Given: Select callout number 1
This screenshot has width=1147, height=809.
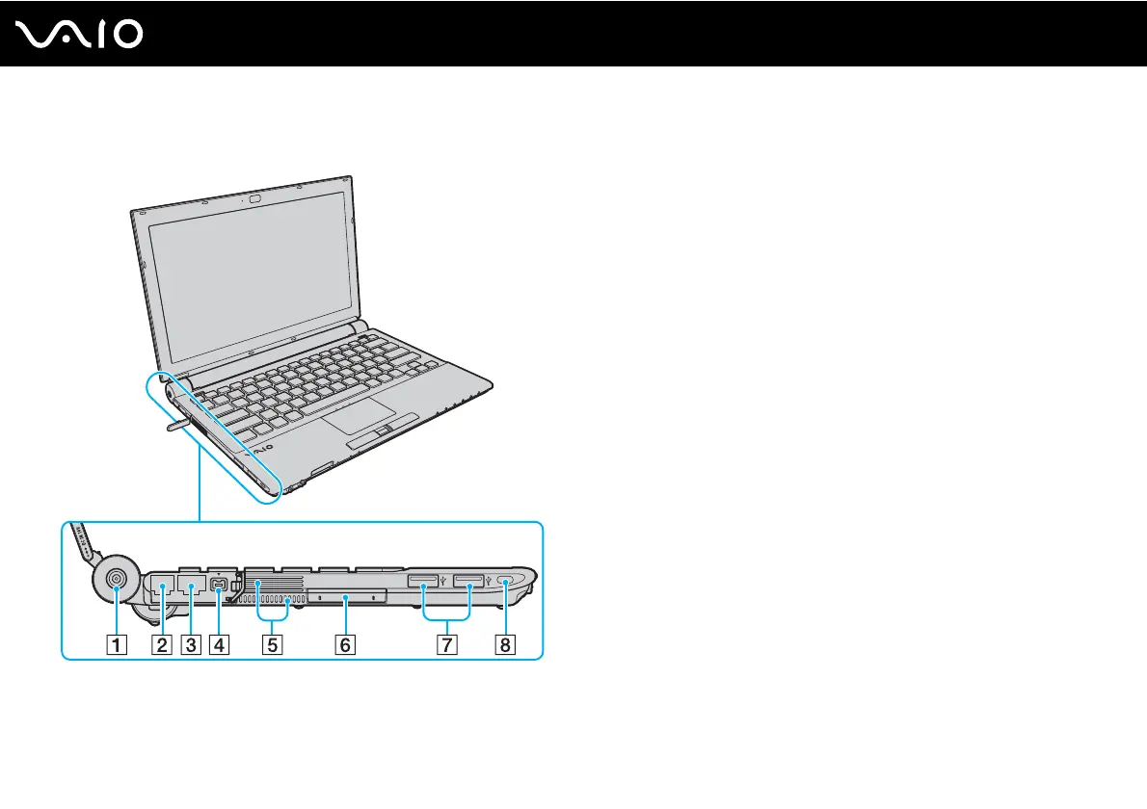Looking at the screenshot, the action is [x=115, y=645].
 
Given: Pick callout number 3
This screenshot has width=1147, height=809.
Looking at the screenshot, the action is [x=192, y=645].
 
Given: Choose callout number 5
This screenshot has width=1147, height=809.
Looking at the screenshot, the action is [x=274, y=645].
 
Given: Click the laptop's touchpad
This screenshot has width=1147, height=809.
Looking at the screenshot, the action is [x=353, y=415].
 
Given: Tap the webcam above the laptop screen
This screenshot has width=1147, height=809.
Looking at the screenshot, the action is [x=255, y=198].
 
